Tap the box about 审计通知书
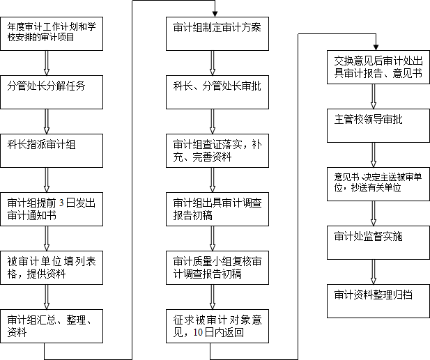coord(52,208)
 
